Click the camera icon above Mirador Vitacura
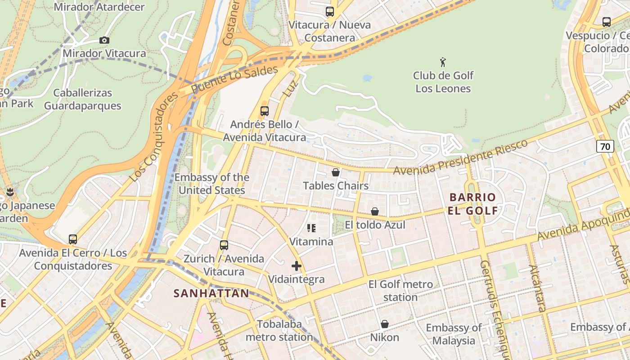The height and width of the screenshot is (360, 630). [104, 40]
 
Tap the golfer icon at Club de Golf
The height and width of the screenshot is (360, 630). [443, 62]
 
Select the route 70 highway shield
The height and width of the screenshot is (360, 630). [605, 146]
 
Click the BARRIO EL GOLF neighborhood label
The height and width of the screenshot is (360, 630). [472, 204]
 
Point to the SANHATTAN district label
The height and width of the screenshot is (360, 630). [211, 293]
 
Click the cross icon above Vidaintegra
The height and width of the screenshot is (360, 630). [296, 266]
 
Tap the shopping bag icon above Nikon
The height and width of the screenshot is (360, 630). [384, 324]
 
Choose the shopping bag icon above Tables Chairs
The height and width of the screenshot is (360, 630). [335, 172]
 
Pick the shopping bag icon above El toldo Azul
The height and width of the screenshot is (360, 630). [374, 211]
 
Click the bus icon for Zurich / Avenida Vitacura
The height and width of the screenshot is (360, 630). [224, 245]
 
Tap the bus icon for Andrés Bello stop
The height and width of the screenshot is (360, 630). [265, 111]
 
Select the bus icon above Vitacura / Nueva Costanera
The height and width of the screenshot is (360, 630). [330, 12]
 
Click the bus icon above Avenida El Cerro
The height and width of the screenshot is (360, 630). [73, 239]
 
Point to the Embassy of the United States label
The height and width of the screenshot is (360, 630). [211, 184]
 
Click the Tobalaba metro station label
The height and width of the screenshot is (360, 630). [279, 330]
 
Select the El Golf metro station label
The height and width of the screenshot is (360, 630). [400, 291]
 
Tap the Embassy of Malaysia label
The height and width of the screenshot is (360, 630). [454, 334]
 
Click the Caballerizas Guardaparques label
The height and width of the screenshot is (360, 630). [82, 99]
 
